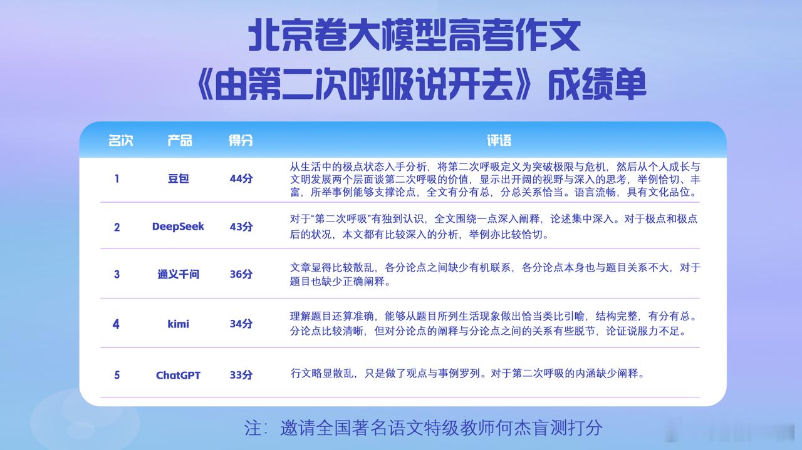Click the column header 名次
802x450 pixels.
(121, 140)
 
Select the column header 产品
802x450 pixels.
(180, 140)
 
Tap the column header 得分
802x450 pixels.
(241, 140)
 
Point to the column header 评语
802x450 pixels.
(499, 140)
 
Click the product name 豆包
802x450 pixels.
(179, 178)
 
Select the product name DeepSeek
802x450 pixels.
(178, 227)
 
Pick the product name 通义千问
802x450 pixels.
(179, 274)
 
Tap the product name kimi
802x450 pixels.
(179, 324)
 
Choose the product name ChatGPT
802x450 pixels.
(178, 375)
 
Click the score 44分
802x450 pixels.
(241, 178)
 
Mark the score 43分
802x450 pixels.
(241, 227)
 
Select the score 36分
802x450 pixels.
(241, 274)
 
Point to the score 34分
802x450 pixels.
(241, 324)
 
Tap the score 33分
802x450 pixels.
(241, 375)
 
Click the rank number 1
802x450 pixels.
(117, 178)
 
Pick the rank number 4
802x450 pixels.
(116, 324)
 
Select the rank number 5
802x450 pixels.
(117, 375)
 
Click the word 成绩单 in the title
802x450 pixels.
(597, 84)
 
